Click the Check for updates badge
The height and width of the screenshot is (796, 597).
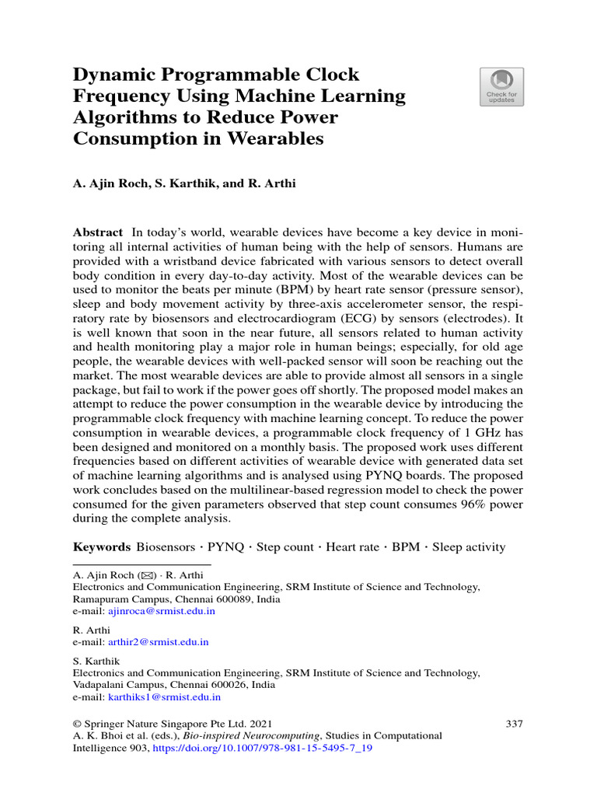(501, 86)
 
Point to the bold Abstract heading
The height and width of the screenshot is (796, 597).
(97, 232)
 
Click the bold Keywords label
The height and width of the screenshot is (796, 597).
(101, 546)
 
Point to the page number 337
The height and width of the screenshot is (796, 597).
(514, 723)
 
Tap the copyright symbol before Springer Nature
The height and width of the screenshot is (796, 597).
(77, 723)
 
